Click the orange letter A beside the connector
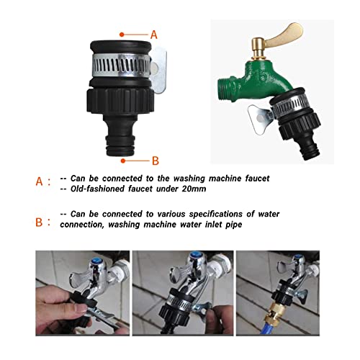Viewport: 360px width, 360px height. [153, 34]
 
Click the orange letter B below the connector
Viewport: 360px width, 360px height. [155, 160]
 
